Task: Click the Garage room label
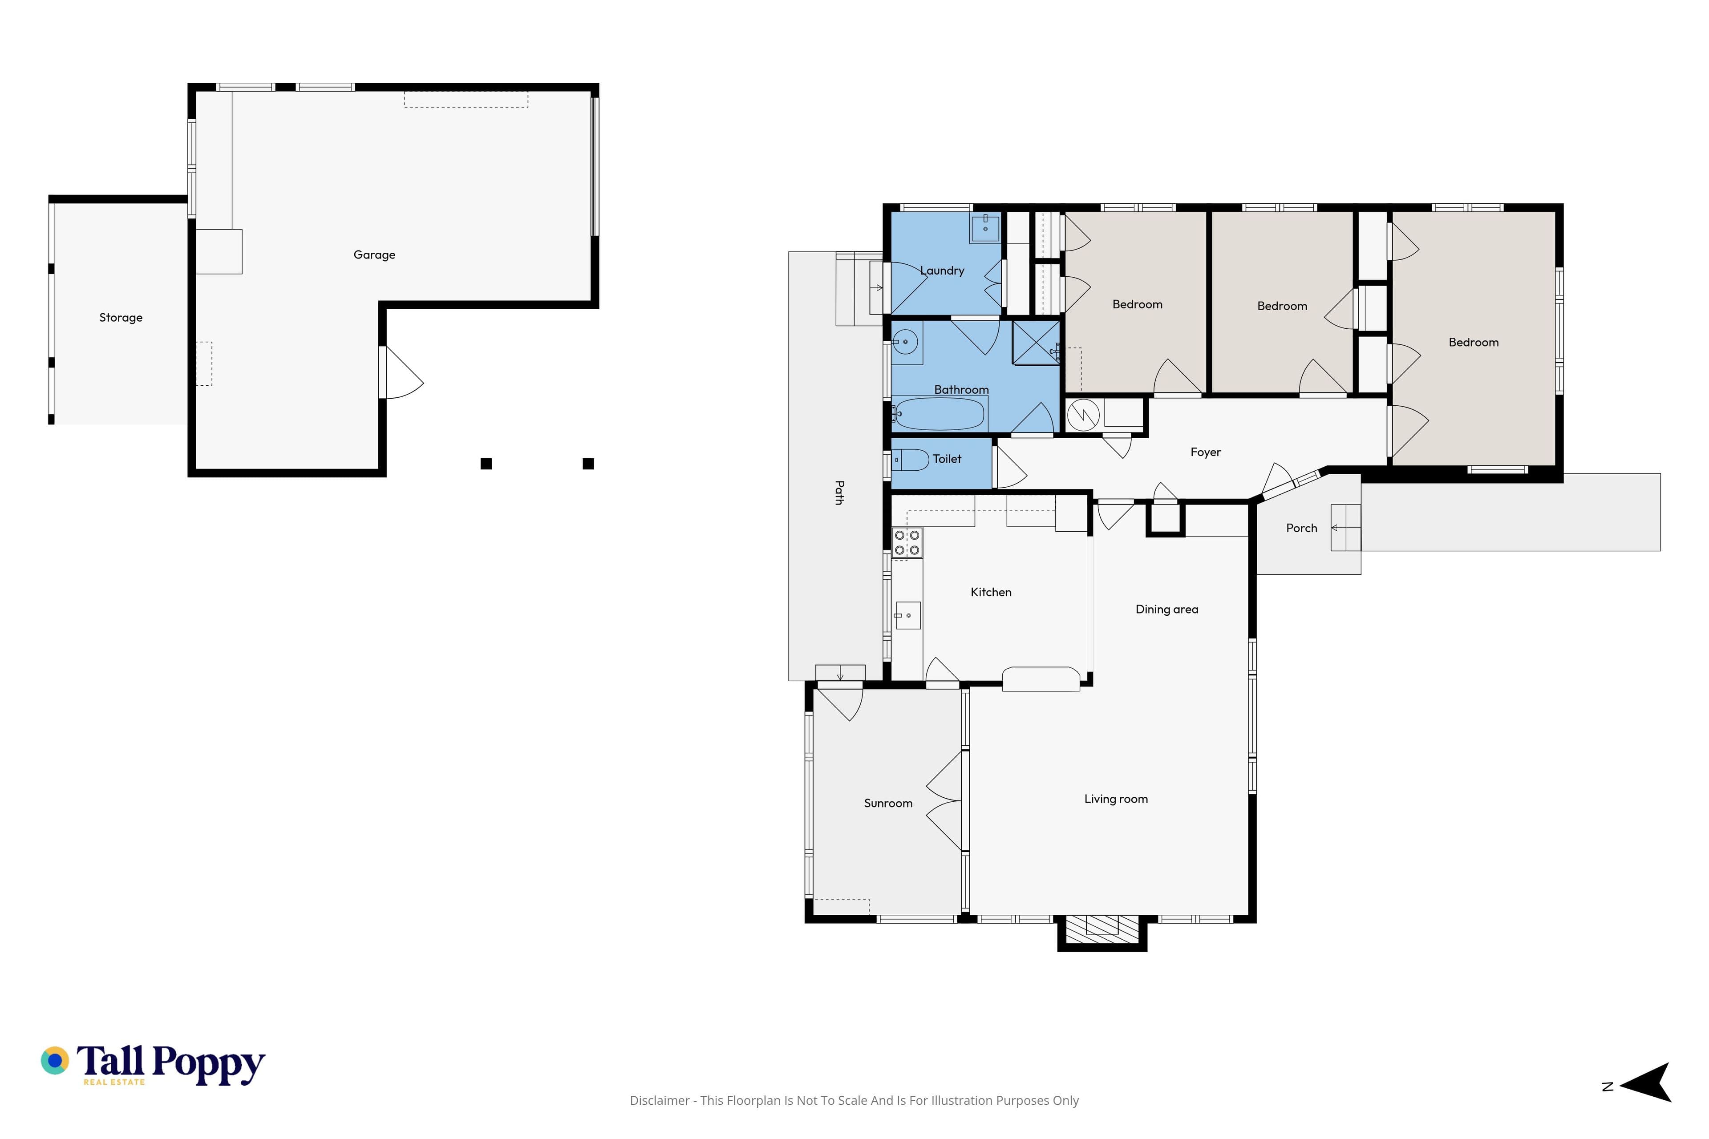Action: pos(374,255)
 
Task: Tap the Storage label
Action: pos(121,317)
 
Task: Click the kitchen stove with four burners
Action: pos(907,543)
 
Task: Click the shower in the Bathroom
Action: pos(1036,342)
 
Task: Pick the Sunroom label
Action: pos(888,803)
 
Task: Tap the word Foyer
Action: pos(1206,452)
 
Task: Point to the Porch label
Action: pos(1301,528)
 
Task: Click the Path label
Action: pos(839,493)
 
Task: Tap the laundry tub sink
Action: pos(984,228)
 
